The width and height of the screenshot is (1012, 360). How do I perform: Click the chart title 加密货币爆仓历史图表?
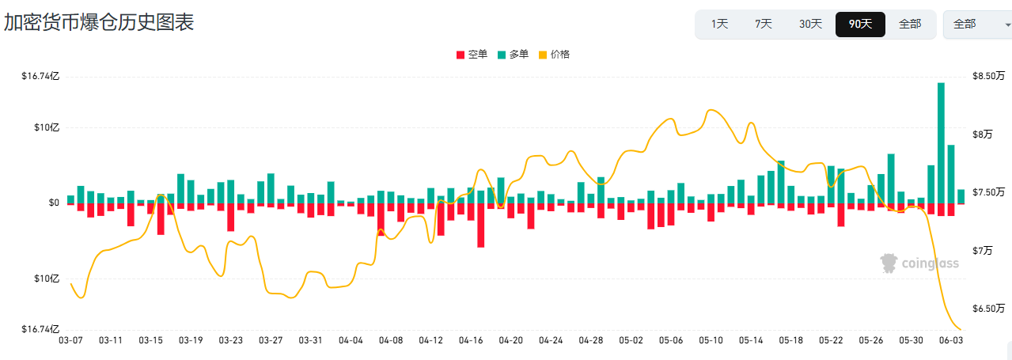tap(99, 22)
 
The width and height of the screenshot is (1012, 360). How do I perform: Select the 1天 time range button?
tap(720, 24)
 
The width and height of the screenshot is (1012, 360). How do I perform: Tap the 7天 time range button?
tap(764, 24)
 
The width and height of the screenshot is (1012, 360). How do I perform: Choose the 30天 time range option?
tap(810, 24)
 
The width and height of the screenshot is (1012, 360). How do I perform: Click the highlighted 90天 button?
tap(860, 25)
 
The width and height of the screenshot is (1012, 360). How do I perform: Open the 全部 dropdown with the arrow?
tap(978, 25)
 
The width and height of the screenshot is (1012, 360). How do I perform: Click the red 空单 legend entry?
tap(472, 55)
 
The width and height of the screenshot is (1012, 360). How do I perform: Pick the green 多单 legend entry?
tap(513, 55)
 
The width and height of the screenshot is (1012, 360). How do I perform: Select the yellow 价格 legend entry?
tap(555, 55)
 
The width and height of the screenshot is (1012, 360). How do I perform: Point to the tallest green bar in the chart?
tap(941, 143)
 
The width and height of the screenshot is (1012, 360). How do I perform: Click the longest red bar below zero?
tap(481, 225)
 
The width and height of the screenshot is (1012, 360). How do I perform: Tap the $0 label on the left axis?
tap(54, 203)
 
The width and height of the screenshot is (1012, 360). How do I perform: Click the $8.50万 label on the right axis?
tap(988, 76)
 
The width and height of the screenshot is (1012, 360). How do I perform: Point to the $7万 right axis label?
tap(982, 251)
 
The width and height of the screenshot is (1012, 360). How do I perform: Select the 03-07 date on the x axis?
tap(71, 340)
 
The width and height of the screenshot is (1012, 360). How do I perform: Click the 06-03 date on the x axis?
tap(951, 340)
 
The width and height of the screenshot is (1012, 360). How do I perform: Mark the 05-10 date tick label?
tap(711, 340)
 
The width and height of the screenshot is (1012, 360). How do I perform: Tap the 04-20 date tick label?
tap(511, 340)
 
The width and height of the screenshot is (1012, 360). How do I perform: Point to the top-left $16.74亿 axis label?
tap(40, 76)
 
